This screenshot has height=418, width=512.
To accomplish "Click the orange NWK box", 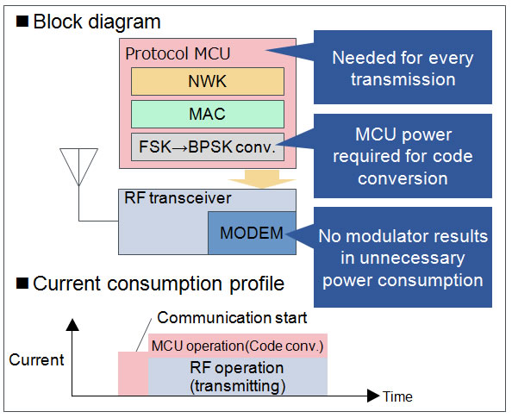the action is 208,81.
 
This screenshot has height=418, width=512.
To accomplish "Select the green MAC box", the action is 208,114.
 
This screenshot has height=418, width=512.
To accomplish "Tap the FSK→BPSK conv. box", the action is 208,147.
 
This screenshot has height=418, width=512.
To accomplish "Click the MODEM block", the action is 252,233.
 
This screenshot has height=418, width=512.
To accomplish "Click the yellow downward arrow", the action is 262,179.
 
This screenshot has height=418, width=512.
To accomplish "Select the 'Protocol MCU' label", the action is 178,53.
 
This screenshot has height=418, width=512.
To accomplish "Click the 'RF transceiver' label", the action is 178,198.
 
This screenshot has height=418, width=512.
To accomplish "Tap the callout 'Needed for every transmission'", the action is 403,67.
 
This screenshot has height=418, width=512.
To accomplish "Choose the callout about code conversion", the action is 403,156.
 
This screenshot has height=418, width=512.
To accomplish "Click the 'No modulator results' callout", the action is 403,257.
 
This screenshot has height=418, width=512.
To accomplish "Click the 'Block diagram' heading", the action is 97,22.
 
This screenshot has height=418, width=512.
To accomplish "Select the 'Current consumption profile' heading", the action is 159,284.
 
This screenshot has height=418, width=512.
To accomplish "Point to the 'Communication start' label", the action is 232,318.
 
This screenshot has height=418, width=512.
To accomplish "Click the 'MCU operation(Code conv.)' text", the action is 237,346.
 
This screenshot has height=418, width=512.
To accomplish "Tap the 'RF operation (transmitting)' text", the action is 237,377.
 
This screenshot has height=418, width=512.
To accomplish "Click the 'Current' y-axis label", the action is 36,360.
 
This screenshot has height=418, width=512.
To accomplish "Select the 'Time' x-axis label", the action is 397,396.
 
